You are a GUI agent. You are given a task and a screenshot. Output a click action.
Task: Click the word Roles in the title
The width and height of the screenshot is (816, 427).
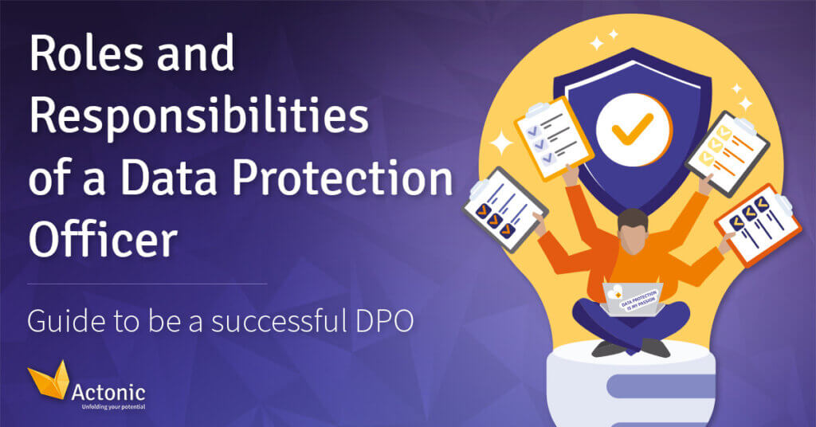point(86,53)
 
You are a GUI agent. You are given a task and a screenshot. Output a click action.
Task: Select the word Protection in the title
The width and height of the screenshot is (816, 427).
point(343,178)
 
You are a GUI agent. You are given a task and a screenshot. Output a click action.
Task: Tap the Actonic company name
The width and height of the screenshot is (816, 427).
point(108,392)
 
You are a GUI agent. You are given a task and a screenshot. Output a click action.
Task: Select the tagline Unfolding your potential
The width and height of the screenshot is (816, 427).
point(113,407)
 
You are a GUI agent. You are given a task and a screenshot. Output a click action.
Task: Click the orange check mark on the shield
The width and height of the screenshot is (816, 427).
point(633,128)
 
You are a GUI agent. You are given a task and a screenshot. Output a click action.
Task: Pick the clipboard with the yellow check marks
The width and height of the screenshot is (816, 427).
point(728,153)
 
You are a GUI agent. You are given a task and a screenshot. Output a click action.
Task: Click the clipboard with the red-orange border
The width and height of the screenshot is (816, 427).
point(758,224)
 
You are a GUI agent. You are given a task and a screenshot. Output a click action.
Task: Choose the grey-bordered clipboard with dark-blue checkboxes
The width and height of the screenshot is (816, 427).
point(504,209)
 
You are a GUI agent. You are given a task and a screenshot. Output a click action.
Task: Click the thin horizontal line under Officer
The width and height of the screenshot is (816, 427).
point(147,284)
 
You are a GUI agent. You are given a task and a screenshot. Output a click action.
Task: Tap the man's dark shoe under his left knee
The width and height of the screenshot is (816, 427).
point(609,348)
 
